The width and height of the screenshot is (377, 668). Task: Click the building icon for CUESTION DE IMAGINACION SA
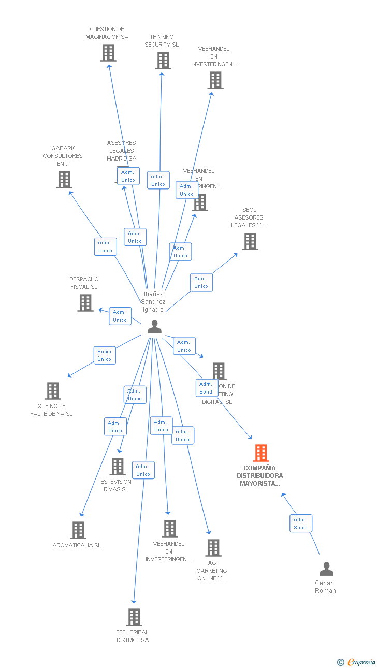click(x=108, y=53)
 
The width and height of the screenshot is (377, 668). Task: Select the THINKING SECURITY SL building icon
click(x=163, y=61)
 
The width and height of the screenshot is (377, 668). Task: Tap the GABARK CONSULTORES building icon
click(x=64, y=180)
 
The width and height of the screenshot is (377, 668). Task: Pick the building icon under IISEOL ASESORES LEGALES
click(x=250, y=241)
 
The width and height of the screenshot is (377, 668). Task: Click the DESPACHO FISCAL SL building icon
click(x=85, y=303)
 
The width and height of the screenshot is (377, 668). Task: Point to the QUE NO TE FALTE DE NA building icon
click(x=52, y=391)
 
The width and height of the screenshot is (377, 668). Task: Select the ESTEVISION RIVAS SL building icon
click(x=118, y=467)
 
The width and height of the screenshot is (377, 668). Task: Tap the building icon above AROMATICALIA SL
click(x=78, y=530)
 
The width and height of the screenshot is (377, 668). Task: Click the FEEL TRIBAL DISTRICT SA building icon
click(x=134, y=617)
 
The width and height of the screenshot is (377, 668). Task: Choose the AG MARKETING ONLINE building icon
click(x=213, y=548)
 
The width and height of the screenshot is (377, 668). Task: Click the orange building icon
click(x=260, y=453)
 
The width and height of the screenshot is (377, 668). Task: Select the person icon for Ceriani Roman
click(x=326, y=569)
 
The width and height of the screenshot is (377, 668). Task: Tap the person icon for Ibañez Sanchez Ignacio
click(x=154, y=327)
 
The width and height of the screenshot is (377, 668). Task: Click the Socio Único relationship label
click(x=105, y=355)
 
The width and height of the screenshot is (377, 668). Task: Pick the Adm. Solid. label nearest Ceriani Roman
click(x=301, y=524)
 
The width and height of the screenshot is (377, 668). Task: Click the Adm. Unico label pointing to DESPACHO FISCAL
click(x=120, y=316)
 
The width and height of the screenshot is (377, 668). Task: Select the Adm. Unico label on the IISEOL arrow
click(x=201, y=282)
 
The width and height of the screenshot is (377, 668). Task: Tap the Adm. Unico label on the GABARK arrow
click(x=105, y=246)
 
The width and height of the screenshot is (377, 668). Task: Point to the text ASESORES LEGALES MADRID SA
click(x=122, y=151)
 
